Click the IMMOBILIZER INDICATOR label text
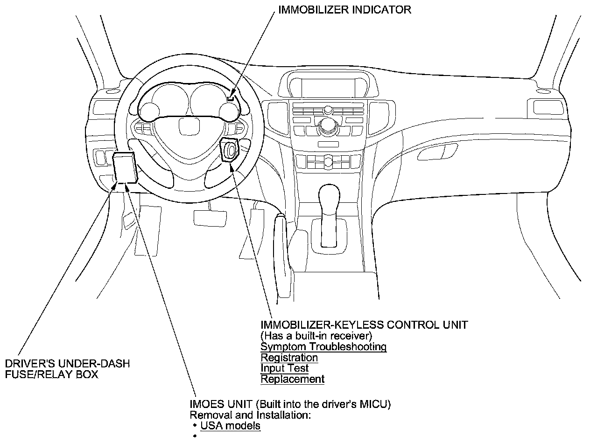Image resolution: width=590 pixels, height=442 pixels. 344,10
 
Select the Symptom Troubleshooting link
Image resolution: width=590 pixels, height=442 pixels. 323,347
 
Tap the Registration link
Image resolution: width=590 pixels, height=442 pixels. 289,358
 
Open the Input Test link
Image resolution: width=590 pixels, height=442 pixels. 284,368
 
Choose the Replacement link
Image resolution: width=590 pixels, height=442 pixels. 292,379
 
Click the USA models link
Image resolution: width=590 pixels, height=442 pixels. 230,426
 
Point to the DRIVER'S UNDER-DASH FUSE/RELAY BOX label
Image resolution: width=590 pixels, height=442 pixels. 67,369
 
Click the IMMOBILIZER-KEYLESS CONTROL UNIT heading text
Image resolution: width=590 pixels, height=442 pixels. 364,325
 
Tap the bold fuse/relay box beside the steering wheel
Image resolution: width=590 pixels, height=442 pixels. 125,167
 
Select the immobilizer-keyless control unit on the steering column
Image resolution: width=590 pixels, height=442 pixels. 230,149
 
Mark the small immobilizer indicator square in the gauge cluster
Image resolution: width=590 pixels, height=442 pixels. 231,98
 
